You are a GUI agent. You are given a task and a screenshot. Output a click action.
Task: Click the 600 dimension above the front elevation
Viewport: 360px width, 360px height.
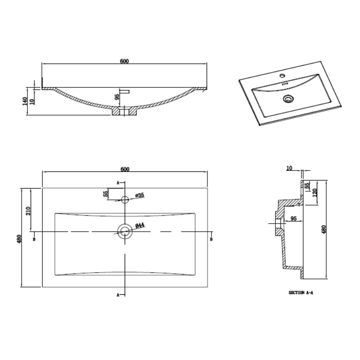point(125,62)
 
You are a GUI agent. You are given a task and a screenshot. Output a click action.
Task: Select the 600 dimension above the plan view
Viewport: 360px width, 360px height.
point(125,169)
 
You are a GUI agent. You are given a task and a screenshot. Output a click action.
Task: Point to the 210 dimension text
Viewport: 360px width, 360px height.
point(27,211)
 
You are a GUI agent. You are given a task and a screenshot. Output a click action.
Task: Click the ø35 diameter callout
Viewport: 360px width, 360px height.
point(139,195)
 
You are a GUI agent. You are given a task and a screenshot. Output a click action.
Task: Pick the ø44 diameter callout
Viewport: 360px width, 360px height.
point(139,226)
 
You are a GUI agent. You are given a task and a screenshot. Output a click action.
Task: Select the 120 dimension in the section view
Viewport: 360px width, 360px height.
point(315,193)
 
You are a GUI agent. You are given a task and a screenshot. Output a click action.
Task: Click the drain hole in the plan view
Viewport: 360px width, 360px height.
point(125,231)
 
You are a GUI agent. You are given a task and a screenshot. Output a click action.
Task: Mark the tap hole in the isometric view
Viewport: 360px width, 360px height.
point(284,76)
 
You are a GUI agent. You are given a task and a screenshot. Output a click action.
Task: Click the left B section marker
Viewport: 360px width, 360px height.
point(34,239)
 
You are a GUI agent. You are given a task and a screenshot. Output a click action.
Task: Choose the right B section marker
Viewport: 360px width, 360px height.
point(211,239)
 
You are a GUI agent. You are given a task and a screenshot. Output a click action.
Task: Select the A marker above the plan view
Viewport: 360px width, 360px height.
point(118,183)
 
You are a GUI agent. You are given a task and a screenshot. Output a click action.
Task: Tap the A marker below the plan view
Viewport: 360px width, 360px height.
point(118,295)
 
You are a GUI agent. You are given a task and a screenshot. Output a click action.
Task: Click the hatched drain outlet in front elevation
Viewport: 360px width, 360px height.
point(124,111)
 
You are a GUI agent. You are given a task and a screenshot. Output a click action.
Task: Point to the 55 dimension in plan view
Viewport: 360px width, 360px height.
point(106,193)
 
